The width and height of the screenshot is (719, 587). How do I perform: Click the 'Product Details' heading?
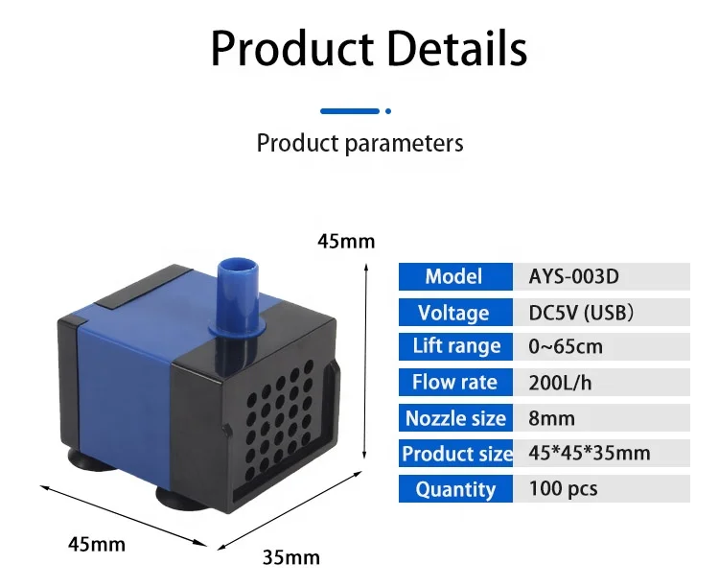[369, 48]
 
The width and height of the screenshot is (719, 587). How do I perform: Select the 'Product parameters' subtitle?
[359, 144]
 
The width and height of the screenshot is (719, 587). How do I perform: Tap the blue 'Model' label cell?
[455, 277]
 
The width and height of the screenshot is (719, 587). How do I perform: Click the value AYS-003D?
[574, 277]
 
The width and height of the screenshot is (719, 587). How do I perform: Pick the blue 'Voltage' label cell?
[455, 313]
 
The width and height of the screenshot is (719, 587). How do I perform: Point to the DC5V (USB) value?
[580, 313]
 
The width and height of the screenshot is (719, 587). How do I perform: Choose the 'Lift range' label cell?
[455, 347]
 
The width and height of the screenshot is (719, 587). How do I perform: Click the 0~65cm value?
[566, 347]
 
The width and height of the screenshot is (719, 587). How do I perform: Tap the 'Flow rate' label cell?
[455, 383]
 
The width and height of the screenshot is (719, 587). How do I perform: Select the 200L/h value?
[561, 383]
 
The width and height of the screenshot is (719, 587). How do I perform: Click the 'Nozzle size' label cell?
[455, 418]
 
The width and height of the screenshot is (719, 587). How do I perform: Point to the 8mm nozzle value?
[551, 418]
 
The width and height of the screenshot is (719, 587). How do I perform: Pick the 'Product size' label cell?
[455, 454]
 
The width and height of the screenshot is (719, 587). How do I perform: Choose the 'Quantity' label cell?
[455, 489]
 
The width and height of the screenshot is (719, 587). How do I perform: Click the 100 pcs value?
[563, 489]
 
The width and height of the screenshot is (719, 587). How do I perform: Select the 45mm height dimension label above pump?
[346, 242]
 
